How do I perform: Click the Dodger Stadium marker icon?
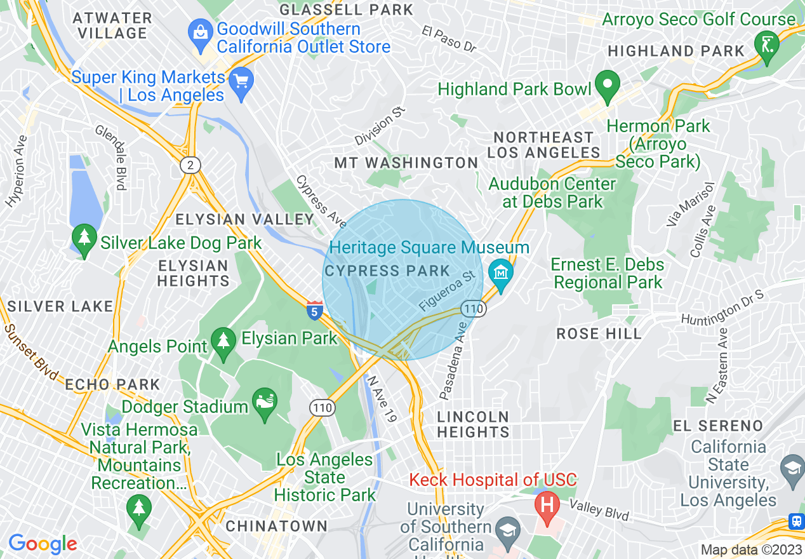click(265, 403)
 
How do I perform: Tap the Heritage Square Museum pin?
click(502, 274)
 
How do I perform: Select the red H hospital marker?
click(546, 505)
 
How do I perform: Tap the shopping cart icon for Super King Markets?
click(241, 81)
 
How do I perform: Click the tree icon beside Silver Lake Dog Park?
click(84, 238)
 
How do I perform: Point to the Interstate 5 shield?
click(314, 311)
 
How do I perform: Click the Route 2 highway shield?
click(190, 166)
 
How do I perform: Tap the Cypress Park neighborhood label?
click(387, 271)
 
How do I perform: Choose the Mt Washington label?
click(406, 163)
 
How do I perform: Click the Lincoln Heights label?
click(474, 424)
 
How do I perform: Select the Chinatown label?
click(277, 526)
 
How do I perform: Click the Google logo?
click(43, 544)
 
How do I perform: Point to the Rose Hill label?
click(599, 334)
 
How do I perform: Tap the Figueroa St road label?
click(447, 292)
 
